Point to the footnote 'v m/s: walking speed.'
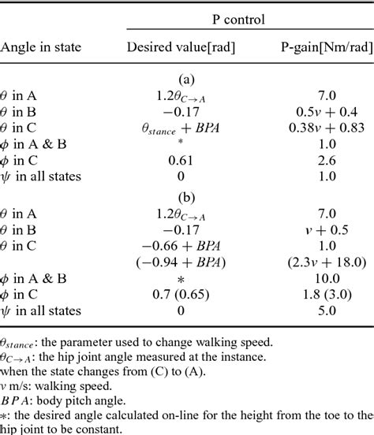tap(55, 385)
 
